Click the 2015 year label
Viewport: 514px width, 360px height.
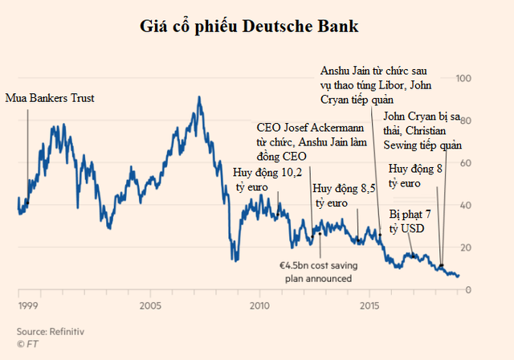tap(371, 306)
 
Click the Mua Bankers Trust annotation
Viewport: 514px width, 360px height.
tap(50, 98)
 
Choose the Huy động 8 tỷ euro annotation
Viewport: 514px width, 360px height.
tap(415, 176)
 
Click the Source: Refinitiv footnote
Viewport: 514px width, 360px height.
tap(51, 330)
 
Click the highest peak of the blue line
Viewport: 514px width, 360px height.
tap(198, 97)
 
